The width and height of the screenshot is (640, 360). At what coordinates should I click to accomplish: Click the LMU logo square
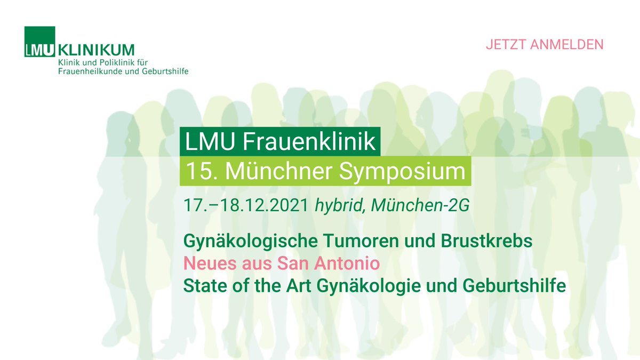39,42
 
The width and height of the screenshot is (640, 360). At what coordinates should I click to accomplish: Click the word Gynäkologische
250,241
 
